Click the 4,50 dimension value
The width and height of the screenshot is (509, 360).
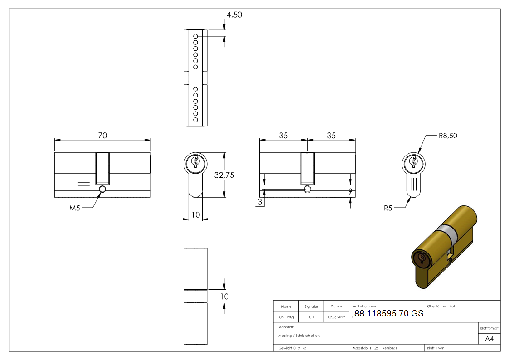pos(234,15)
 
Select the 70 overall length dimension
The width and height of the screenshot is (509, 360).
pos(102,136)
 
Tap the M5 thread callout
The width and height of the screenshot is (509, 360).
pos(75,208)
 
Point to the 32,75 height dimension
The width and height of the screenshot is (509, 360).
pos(224,175)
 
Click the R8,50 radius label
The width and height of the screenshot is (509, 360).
pos(448,136)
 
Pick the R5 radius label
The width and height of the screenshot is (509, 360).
pos(388,208)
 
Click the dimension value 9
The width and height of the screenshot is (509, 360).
pos(350,191)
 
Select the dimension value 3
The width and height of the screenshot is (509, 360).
pos(260,202)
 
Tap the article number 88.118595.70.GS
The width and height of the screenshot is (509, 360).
pos(389,313)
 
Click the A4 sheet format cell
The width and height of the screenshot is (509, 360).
pos(489,339)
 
